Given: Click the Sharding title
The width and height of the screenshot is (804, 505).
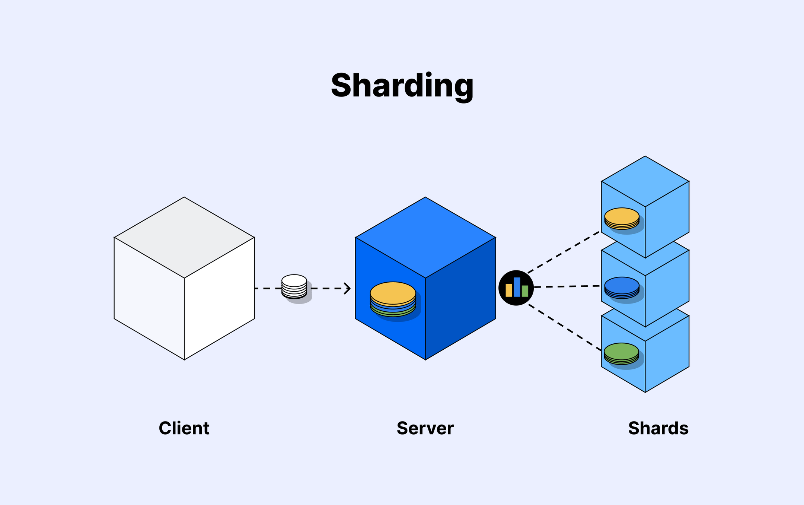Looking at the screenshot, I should point(402,86).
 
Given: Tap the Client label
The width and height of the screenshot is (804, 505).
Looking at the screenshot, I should point(184,428).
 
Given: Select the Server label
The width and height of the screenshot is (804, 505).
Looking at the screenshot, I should point(425,428).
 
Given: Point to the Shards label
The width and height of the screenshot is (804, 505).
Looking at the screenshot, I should point(658,428).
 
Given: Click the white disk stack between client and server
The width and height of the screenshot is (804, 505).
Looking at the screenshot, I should point(294,286).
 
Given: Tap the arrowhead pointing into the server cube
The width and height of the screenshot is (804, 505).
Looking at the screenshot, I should point(348,288).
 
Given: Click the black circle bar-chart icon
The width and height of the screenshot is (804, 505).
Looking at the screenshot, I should point(516,288).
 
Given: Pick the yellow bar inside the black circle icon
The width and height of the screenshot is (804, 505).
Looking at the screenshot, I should point(508,290).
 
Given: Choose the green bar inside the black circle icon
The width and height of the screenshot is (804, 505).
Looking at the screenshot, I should point(525,291).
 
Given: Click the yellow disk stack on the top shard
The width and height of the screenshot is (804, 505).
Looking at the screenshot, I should point(622,218).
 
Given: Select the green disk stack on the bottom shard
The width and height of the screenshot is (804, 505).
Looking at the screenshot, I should point(621,353).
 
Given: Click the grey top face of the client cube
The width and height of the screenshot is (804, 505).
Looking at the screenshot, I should point(184,237).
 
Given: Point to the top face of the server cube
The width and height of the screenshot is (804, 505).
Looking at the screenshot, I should point(425,237).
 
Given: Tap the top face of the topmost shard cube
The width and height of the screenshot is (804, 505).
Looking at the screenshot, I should point(645,181).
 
